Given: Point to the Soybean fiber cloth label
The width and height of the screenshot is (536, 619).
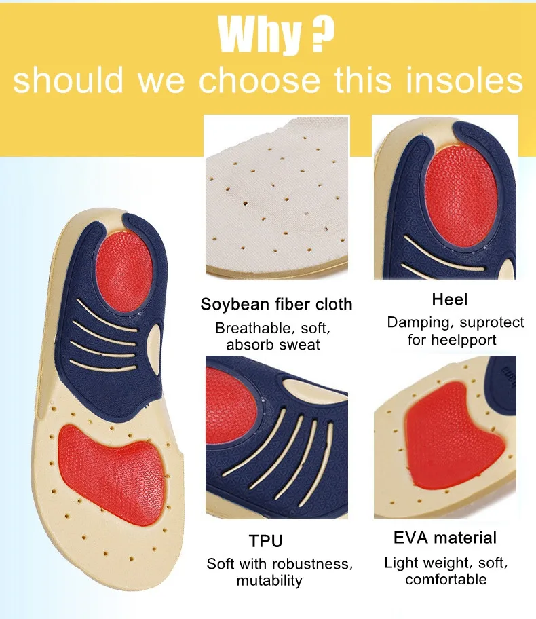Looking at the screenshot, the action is [x=276, y=304].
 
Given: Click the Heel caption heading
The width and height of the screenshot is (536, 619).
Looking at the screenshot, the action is [x=450, y=299].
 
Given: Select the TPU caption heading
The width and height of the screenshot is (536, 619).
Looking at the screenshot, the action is [x=265, y=541].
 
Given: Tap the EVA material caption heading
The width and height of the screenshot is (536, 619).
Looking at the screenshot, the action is [x=445, y=538].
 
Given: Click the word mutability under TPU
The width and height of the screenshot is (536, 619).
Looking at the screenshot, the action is [x=269, y=580].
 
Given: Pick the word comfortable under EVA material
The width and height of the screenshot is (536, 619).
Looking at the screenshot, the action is [x=446, y=579].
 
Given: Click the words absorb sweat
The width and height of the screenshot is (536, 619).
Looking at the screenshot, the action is [x=273, y=345].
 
